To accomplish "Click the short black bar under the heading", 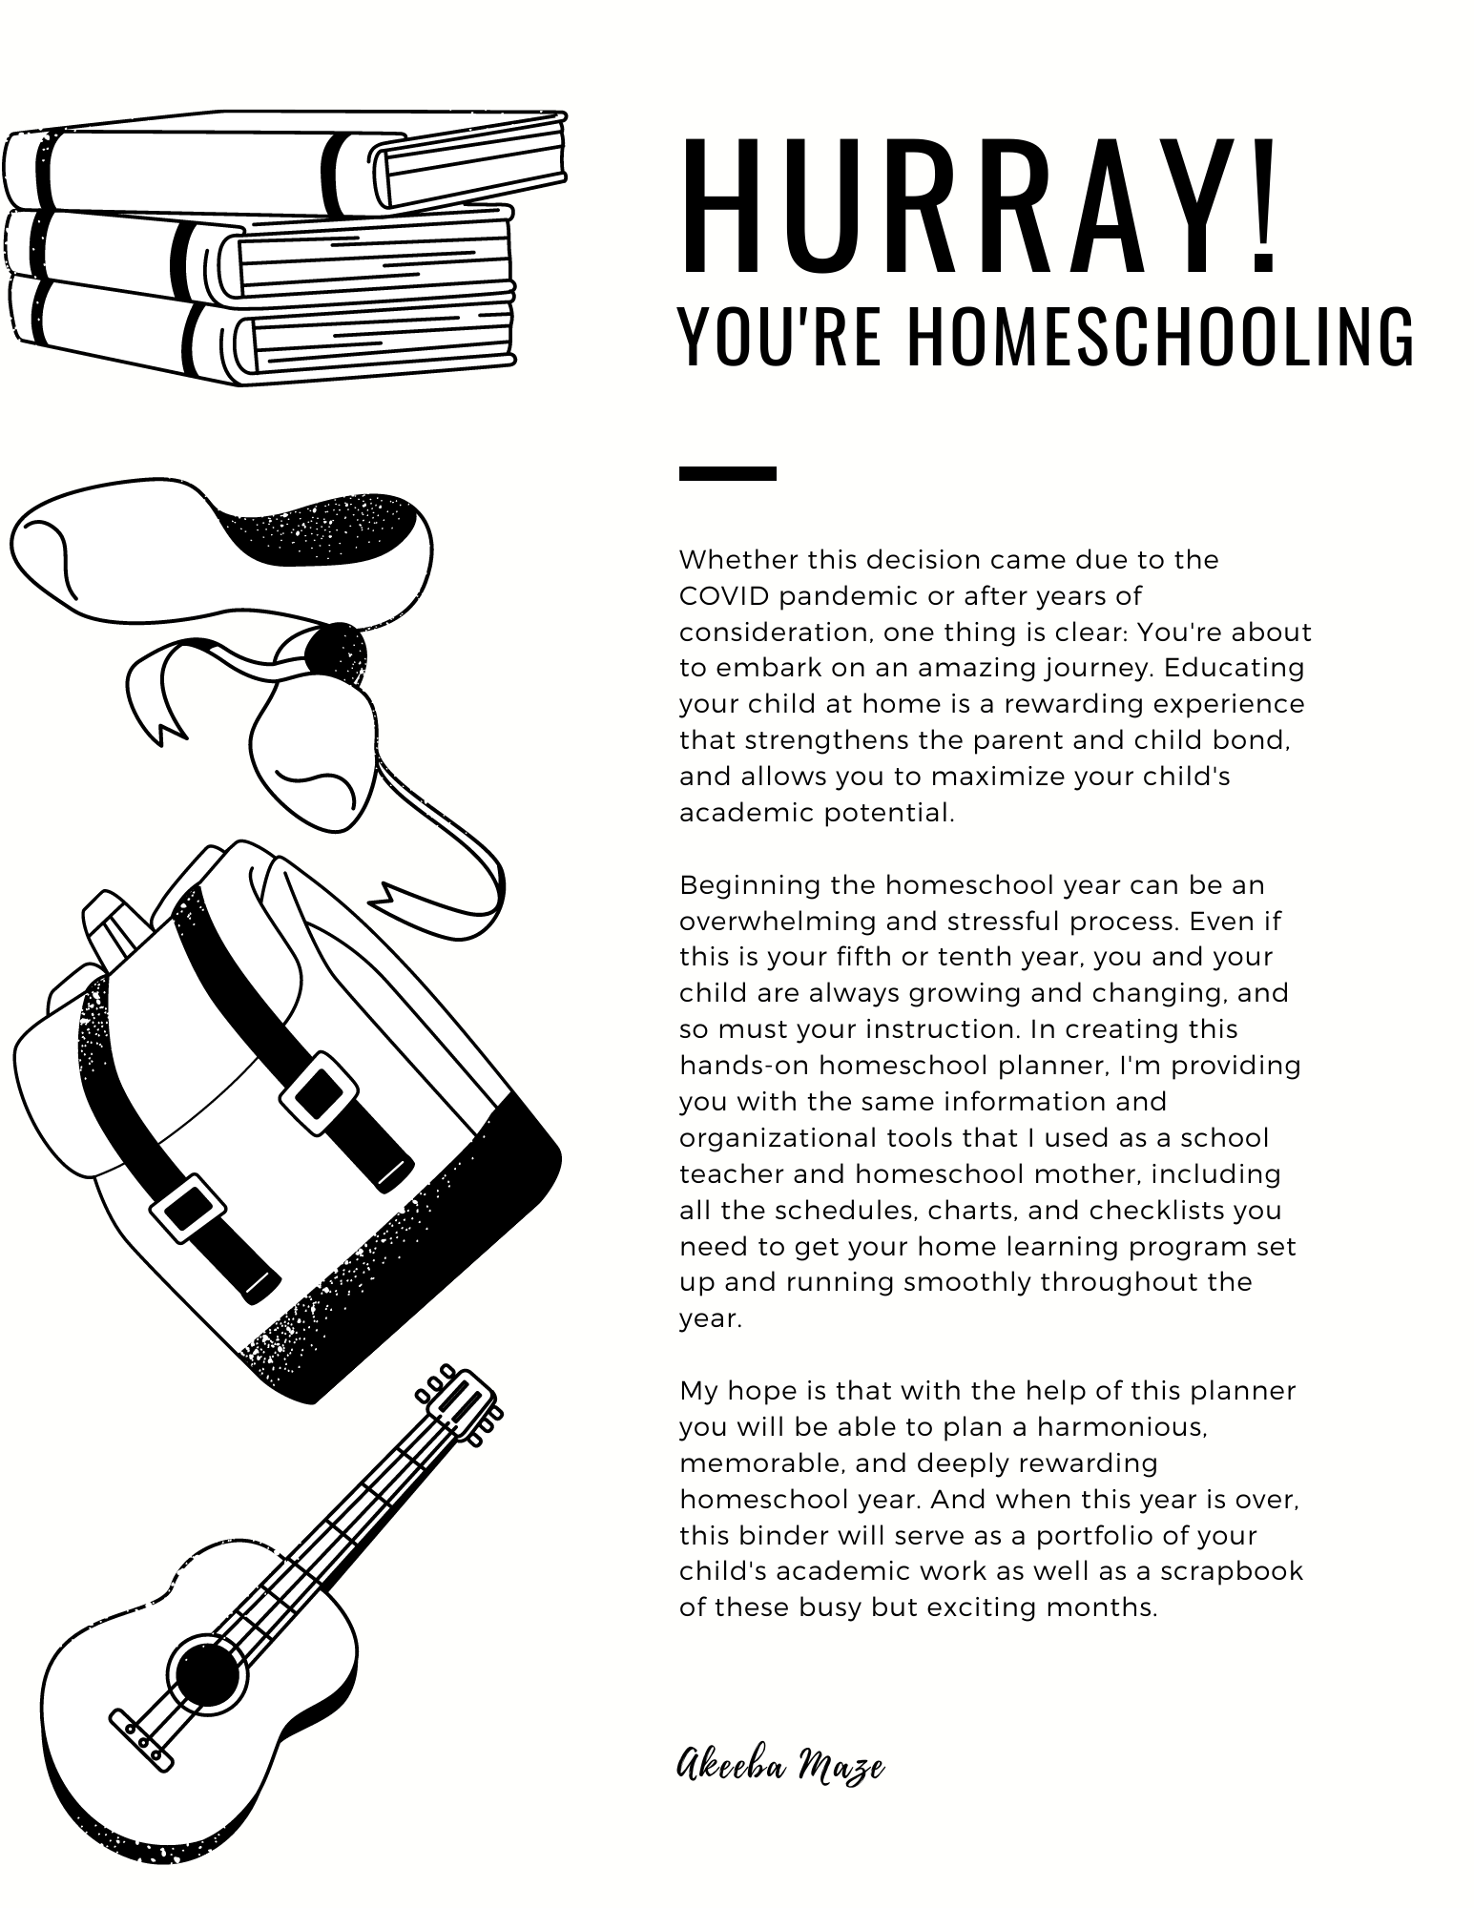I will coord(727,473).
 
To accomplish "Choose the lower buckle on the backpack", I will coord(188,1208).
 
